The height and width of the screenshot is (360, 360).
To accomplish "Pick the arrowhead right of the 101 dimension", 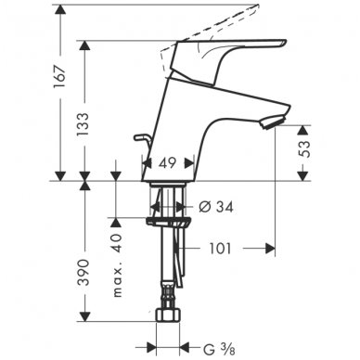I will click(272, 248).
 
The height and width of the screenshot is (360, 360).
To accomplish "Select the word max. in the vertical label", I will click(117, 279).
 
